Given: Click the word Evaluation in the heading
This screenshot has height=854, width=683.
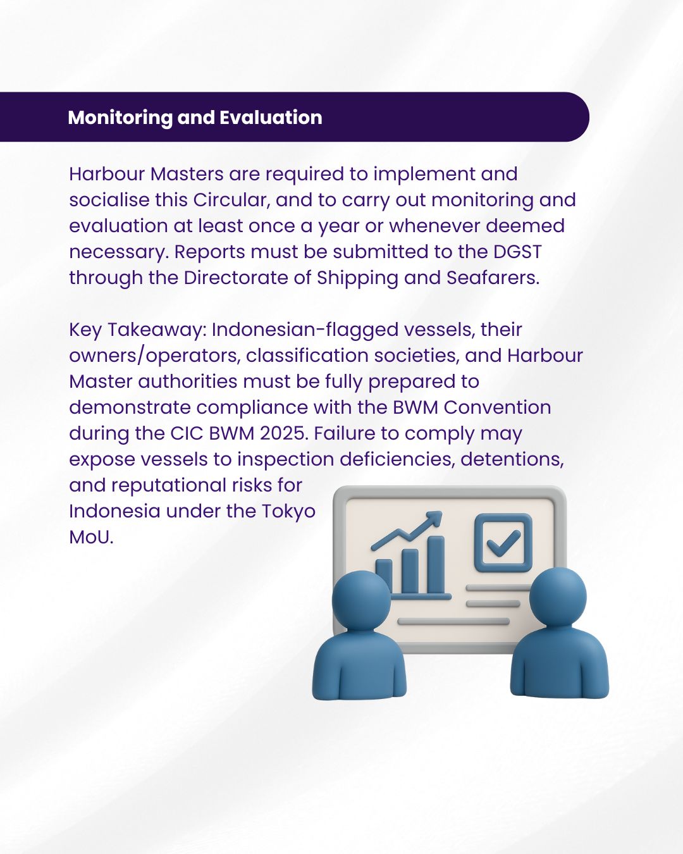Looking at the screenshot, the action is [x=271, y=118].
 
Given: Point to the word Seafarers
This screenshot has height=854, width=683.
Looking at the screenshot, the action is [x=493, y=278].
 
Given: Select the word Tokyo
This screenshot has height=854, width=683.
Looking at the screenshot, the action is [x=288, y=511].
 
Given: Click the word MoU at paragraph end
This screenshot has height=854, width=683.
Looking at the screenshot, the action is [x=91, y=537].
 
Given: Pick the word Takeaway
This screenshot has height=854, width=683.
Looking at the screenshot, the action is [x=155, y=330].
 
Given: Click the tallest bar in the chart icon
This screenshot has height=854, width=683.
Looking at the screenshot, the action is [x=436, y=565].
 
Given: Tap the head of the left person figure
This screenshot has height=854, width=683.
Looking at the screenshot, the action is [x=360, y=600].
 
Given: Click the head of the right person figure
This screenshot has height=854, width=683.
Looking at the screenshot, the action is [x=558, y=597].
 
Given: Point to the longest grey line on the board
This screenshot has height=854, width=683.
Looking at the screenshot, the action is [x=453, y=621].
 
